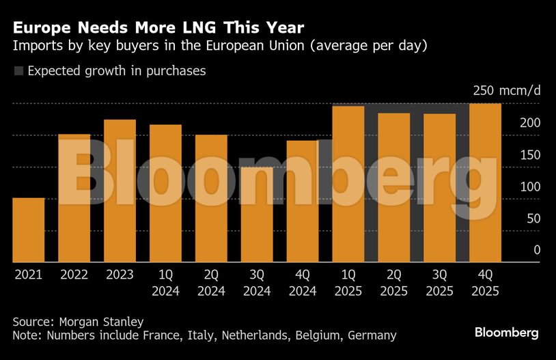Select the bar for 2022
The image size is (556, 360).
[74, 198]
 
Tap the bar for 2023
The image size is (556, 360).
[120, 191]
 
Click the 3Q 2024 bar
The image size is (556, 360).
[257, 214]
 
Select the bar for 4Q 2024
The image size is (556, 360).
[303, 202]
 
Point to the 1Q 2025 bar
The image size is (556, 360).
[348, 184]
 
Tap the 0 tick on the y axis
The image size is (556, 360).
[537, 250]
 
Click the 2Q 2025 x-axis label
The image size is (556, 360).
[394, 282]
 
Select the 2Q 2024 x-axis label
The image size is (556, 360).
[211, 282]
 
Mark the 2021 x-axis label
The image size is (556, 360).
[28, 275]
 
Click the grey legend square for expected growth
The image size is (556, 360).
[18, 71]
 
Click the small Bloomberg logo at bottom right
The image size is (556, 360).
[506, 333]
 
